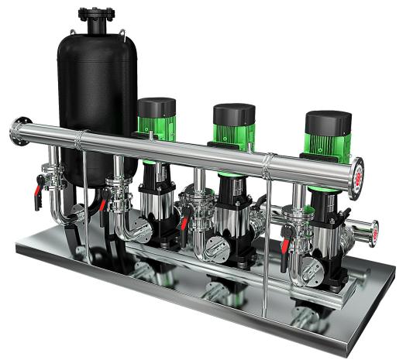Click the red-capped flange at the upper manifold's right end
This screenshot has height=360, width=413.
point(357,178)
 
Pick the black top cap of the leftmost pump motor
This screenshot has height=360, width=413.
point(157,107)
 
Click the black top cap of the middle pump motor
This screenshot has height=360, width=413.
point(234,114)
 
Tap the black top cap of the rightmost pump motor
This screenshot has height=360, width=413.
point(328,122)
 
